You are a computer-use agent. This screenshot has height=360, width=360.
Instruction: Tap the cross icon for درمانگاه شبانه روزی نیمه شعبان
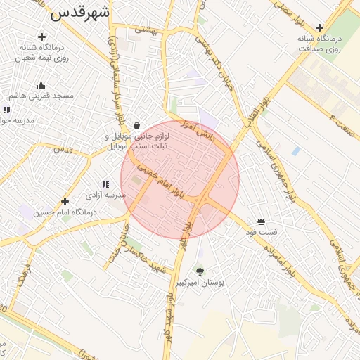click(x=41, y=37)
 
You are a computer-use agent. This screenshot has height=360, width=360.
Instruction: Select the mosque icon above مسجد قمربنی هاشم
click(x=41, y=85)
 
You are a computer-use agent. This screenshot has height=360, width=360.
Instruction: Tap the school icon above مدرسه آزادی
click(x=105, y=184)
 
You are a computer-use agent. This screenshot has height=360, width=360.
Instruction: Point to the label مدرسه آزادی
click(x=105, y=194)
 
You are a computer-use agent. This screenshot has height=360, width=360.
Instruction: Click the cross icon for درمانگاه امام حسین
click(x=65, y=202)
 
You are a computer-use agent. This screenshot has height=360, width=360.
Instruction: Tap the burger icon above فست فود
click(x=261, y=221)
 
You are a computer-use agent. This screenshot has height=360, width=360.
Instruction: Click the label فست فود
click(x=262, y=231)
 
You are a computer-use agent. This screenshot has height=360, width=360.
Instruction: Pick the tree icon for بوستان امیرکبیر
click(x=200, y=271)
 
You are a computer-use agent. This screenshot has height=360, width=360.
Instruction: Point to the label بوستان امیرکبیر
click(x=200, y=282)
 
